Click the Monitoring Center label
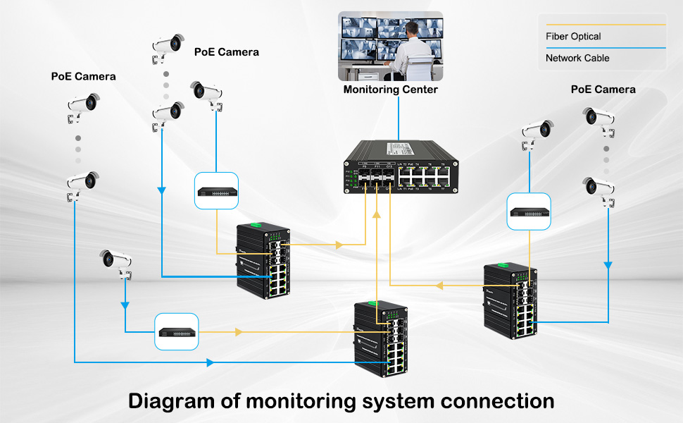coord(390,90)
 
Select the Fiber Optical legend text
coord(573,37)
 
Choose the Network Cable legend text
coord(577,58)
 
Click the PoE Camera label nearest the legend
coord(603,90)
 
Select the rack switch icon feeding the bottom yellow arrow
coord(177,331)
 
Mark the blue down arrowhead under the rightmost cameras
coord(608,266)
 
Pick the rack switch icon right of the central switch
coord(529,211)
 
